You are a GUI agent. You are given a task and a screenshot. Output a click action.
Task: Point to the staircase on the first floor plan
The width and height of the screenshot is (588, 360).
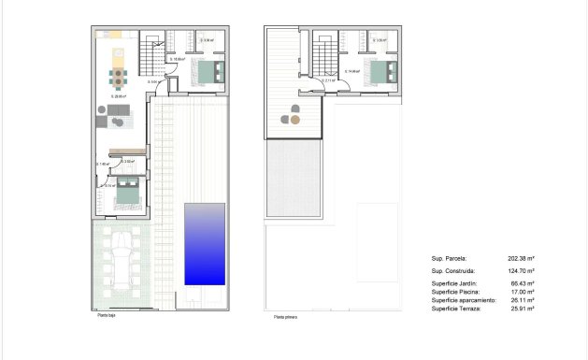click(324, 58)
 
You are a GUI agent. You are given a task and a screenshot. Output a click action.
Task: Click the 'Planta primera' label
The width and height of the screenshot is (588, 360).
click(287, 318)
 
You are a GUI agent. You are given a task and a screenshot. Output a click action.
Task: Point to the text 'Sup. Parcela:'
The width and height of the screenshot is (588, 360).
click(449, 258)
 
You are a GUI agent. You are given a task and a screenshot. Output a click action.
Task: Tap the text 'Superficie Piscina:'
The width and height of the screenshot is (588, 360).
click(456, 292)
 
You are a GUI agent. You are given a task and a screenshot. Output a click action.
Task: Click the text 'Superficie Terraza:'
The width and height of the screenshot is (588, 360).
click(456, 309)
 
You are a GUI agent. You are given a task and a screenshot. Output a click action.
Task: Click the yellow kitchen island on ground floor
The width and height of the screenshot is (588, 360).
click(118, 53)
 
